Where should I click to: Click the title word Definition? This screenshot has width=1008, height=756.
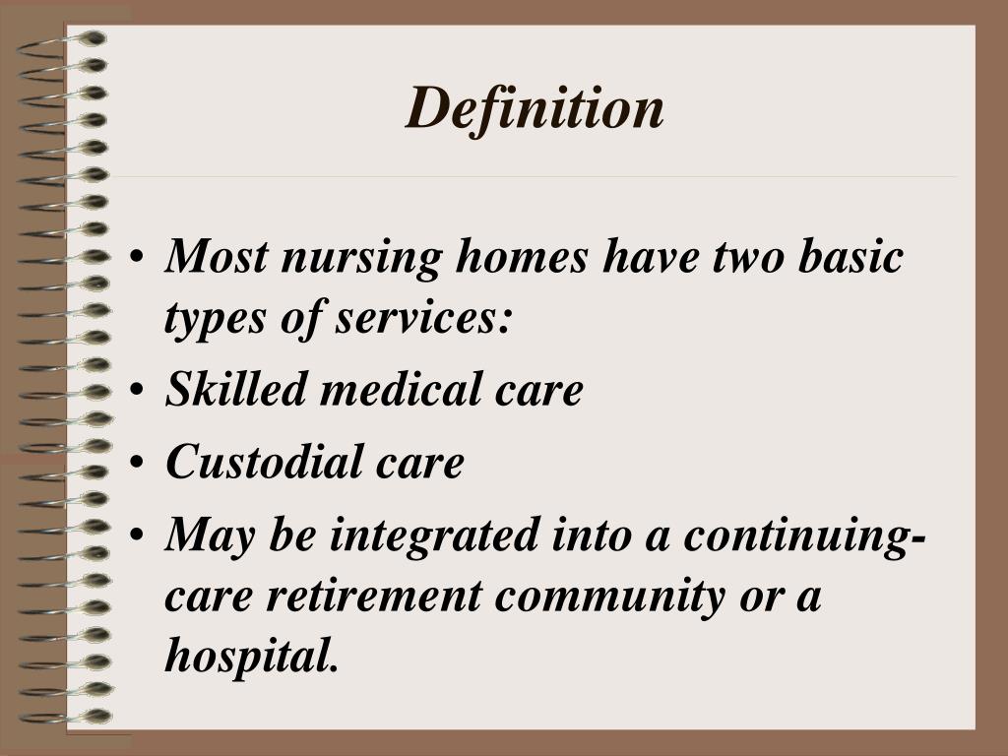[x=535, y=107]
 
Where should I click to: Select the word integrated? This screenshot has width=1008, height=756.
[x=433, y=535]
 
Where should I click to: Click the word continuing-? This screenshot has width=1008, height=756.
[x=804, y=535]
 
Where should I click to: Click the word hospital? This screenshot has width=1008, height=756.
[x=252, y=657]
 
